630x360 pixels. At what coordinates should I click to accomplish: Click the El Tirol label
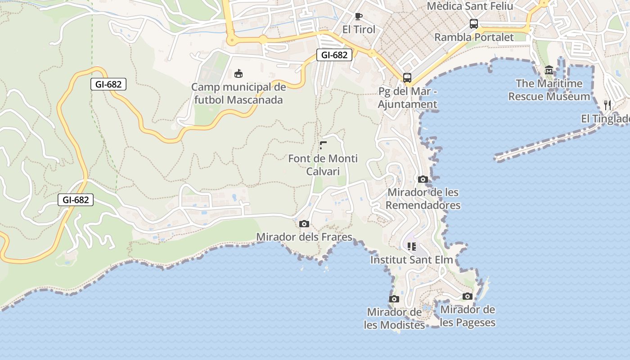359,30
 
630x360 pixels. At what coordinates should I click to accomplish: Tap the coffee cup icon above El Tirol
359,17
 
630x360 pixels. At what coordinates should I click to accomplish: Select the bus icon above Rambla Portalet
474,24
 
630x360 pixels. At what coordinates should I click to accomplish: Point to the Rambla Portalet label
474,37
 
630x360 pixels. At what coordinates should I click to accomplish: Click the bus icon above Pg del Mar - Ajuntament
407,78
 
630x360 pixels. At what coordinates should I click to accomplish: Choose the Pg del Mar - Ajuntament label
407,98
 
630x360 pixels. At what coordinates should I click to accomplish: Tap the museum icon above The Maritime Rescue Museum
549,70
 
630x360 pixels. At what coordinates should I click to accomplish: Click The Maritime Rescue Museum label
549,90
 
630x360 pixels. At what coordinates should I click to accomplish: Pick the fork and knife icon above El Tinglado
607,105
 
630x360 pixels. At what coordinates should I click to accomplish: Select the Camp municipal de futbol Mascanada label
238,93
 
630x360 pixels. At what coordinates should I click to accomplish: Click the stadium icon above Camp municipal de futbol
238,73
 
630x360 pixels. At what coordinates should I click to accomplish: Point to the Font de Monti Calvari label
323,165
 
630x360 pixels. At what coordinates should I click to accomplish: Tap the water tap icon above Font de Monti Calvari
323,145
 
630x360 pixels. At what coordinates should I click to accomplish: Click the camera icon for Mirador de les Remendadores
423,179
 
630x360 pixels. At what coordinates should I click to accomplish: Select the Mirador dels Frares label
304,237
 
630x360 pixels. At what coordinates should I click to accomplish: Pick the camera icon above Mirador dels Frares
304,224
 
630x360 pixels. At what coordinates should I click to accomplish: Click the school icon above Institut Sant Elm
412,247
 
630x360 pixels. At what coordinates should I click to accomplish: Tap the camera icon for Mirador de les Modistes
394,299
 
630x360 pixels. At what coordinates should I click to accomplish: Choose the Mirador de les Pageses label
468,316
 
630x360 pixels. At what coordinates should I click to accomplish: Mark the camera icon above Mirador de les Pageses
468,296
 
